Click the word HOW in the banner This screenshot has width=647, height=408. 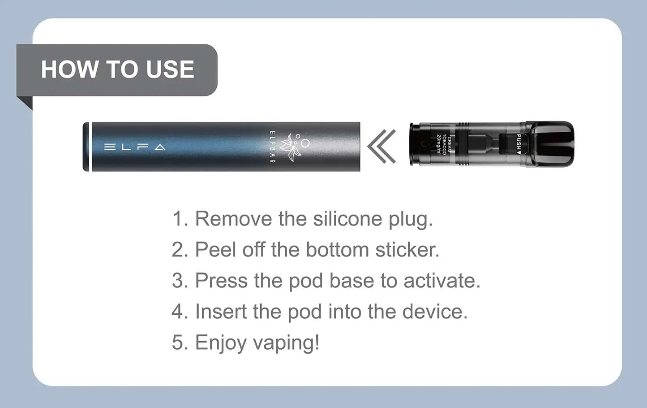click(69, 69)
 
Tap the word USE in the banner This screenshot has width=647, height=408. click(170, 69)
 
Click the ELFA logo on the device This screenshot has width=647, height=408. click(135, 147)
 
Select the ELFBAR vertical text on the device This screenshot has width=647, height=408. click(272, 147)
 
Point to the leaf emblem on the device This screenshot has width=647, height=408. click(293, 147)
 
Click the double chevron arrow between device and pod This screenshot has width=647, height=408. click(381, 146)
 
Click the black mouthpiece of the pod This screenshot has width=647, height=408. click(550, 144)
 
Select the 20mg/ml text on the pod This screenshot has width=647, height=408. click(439, 144)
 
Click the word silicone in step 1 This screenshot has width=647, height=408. click(348, 219)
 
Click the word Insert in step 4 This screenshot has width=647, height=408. click(221, 312)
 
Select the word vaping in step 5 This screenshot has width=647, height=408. click(286, 343)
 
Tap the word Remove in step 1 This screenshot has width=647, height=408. click(234, 219)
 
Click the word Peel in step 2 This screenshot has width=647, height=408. click(216, 250)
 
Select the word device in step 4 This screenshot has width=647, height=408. click(435, 312)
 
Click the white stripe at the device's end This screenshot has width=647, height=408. click(90, 147)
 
